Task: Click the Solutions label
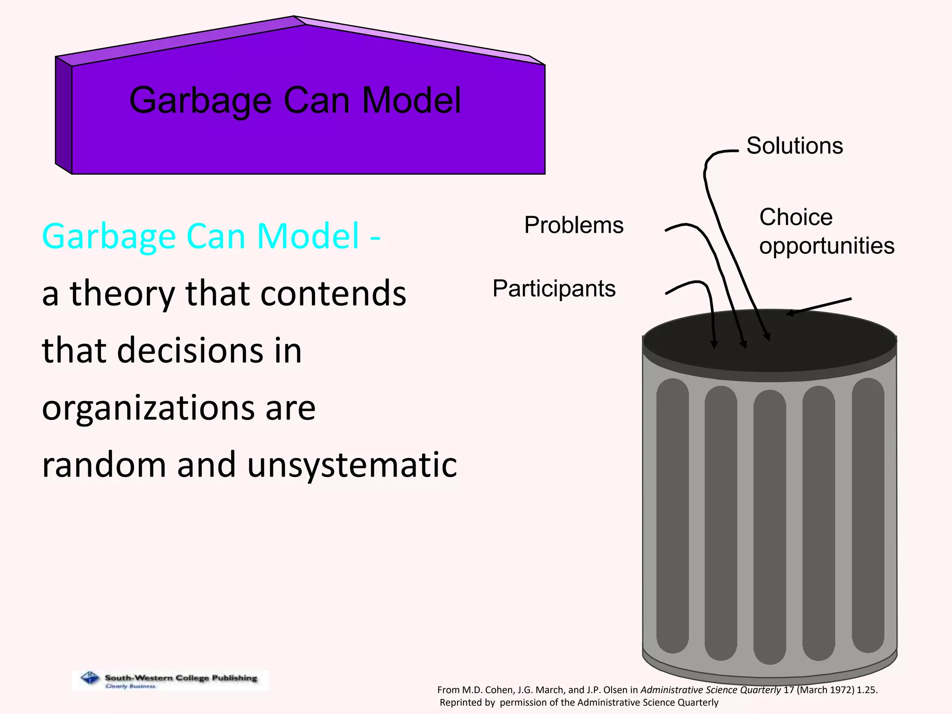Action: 794,146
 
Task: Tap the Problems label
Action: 574,225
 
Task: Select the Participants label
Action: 554,289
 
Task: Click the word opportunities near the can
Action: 826,246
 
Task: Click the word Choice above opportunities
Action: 796,217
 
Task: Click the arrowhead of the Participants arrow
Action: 714,344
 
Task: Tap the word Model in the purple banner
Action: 411,100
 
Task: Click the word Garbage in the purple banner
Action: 200,101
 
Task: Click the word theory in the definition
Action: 122,294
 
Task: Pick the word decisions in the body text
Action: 190,350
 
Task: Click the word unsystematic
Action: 352,465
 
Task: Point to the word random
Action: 104,465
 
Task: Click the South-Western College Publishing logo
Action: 170,680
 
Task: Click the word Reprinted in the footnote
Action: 467,702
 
